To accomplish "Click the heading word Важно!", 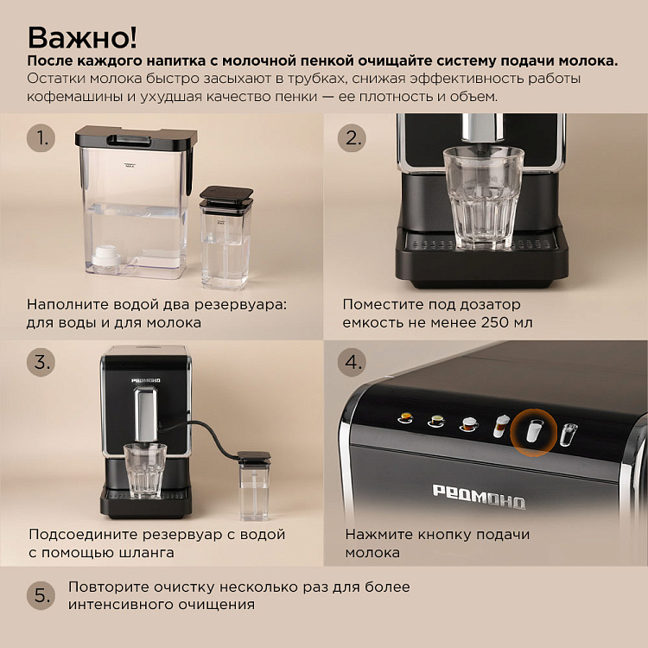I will coord(82,37).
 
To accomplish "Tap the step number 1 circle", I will coord(40,138).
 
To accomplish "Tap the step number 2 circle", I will coord(353,138).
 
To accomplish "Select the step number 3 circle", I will coord(40,361).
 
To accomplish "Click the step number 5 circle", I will coord(40,595).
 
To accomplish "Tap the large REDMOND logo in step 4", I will coord(478,496).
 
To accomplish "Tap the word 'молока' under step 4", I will coord(372,553).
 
